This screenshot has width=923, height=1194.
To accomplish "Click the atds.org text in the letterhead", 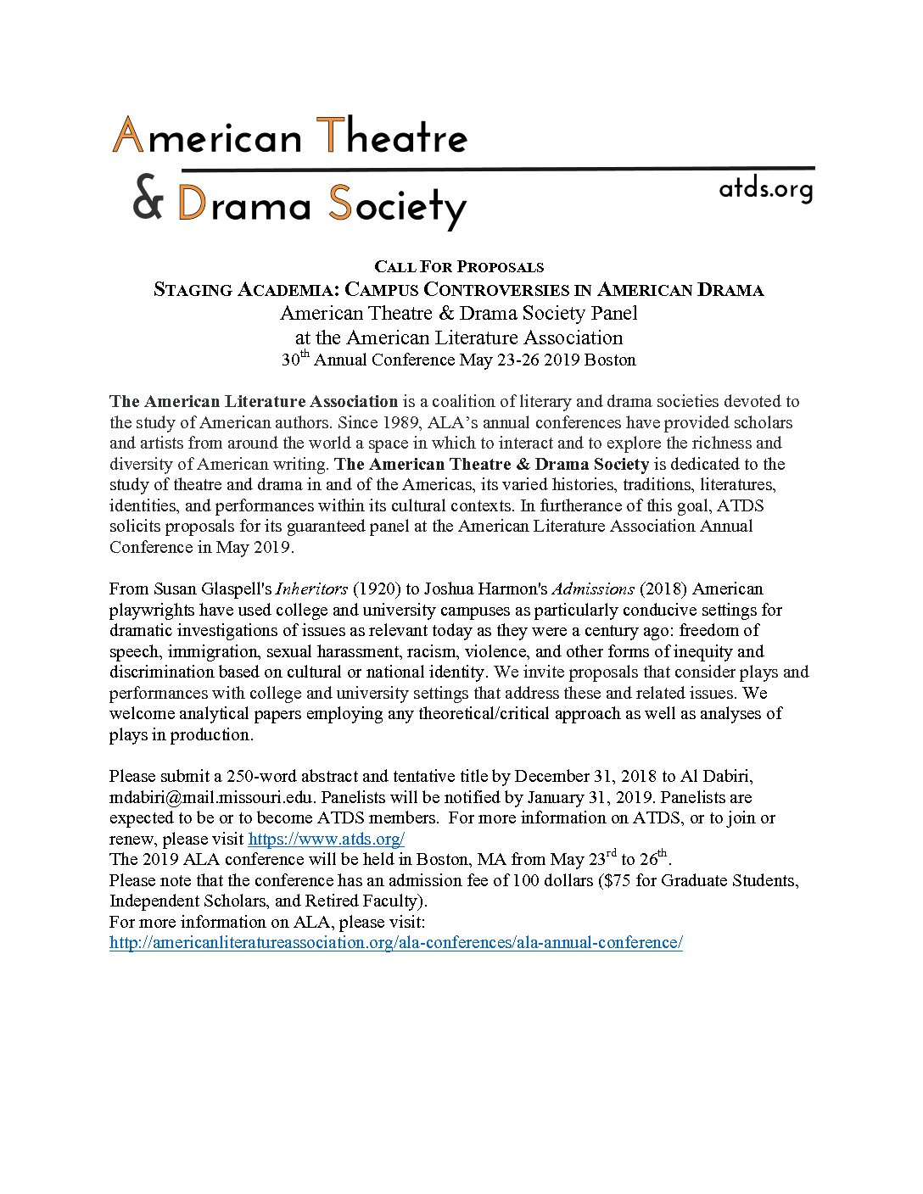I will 765,189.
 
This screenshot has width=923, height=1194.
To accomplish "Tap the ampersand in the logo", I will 147,203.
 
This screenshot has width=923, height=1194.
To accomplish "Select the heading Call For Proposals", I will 459,267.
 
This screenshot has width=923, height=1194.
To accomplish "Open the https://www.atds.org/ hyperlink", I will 326,840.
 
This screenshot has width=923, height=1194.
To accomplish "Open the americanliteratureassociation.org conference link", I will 395,943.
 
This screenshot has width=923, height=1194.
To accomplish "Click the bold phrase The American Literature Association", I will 254,402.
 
